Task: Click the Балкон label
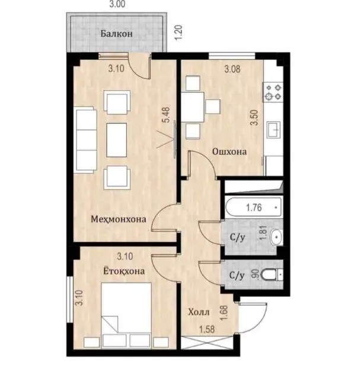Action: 117,34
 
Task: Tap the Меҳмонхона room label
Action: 119,219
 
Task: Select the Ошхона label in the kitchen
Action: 230,151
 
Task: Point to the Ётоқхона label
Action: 124,271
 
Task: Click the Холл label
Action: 199,312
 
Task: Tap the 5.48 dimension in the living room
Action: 167,115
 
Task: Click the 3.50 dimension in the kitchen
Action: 254,118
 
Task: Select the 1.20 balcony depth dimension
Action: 179,33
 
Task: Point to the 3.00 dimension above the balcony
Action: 117,4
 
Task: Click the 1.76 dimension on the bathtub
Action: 254,208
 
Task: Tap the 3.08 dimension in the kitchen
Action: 232,69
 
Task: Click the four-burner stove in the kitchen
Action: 273,92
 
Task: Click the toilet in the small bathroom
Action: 272,275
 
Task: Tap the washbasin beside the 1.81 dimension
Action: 276,237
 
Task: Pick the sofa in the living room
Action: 85,140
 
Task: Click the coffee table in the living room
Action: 117,140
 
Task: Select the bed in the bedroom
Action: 126,315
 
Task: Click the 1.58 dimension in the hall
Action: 207,329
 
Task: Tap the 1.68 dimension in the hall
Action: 224,312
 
